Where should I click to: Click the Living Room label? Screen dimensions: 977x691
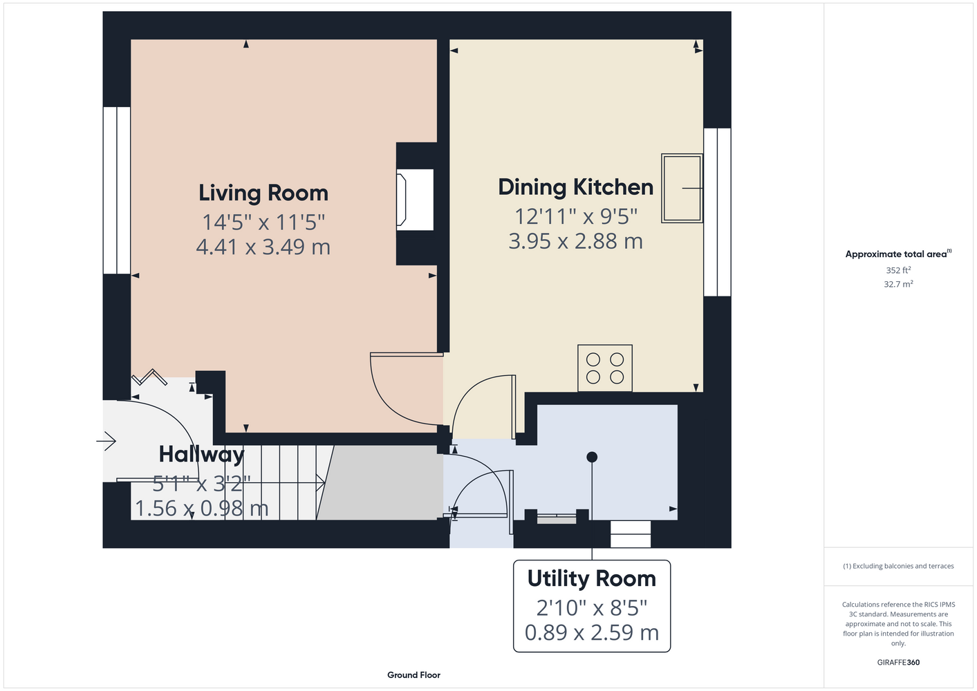pos(263,193)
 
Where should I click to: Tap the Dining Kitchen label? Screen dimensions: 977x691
pos(576,187)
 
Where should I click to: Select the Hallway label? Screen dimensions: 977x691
pos(201,455)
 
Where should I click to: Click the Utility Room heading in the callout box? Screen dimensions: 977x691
pos(591,579)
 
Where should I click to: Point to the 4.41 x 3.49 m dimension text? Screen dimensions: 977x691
pos(263,247)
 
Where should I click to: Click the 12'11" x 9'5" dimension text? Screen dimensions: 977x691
pos(576,216)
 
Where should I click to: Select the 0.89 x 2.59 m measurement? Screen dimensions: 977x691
pos(591,632)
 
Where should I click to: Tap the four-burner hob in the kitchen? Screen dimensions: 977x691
pos(605,368)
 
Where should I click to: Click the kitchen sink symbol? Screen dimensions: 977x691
pos(682,188)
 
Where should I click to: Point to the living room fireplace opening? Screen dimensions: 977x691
pos(415,200)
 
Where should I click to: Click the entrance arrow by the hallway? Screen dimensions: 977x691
pos(106,441)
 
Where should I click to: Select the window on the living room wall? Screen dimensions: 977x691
pos(116,190)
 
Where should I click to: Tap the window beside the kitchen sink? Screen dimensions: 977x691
pos(717,212)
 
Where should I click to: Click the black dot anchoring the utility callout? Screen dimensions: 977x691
pos(592,457)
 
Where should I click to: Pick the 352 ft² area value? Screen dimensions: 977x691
pos(898,270)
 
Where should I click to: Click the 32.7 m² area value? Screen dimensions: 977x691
pos(898,284)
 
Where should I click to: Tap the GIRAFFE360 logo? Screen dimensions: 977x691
pos(898,663)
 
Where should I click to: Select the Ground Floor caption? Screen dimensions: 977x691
pos(413,675)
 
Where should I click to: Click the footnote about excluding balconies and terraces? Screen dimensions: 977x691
pos(898,567)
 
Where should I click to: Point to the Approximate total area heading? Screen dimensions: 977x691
pos(898,254)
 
